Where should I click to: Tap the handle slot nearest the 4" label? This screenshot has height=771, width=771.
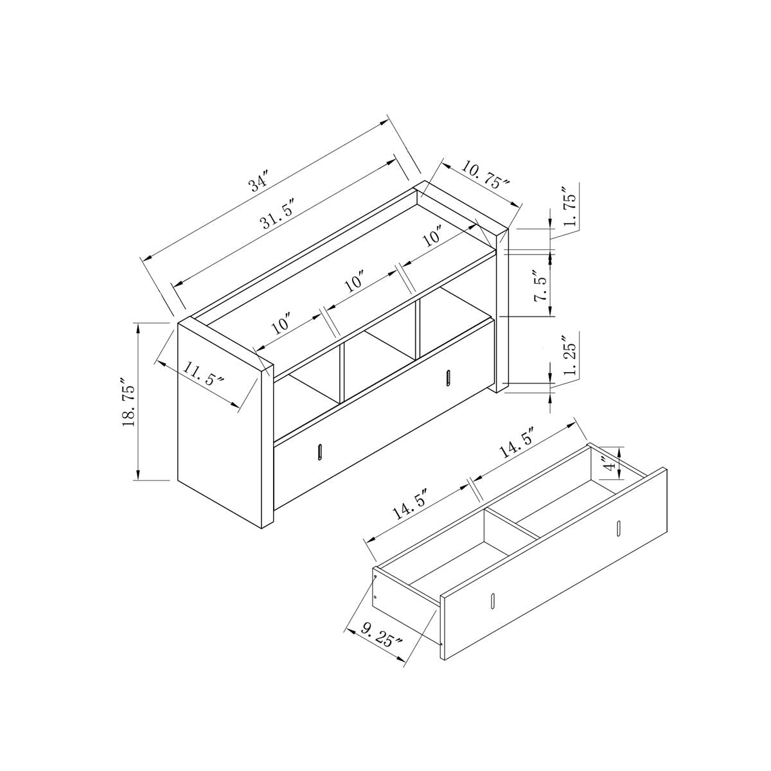point(618,528)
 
